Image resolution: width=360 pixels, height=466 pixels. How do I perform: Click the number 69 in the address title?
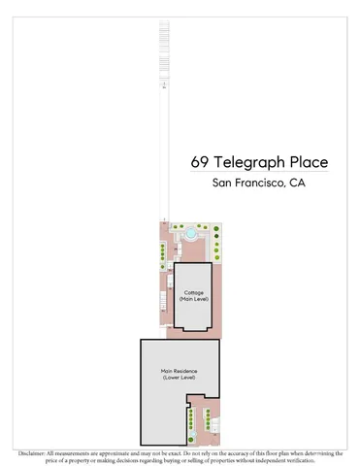pos(202,162)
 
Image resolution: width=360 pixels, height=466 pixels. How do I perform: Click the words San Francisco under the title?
pos(244,185)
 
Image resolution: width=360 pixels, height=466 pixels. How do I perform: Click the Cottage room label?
pos(194,292)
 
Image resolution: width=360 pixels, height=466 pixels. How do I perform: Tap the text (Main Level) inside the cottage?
pos(194,300)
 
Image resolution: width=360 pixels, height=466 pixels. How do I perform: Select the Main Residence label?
pos(179,371)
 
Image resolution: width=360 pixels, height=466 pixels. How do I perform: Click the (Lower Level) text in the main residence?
pos(179,379)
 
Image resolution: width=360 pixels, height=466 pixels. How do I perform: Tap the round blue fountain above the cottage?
pos(192,233)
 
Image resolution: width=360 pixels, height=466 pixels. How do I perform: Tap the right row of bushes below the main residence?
pos(206,420)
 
